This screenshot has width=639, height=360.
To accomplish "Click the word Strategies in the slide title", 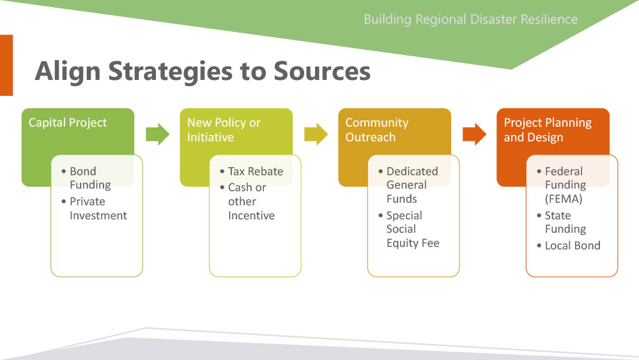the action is point(171,72).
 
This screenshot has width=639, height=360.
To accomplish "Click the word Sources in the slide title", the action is point(322,71).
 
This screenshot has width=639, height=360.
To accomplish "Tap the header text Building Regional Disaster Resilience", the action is point(471,19).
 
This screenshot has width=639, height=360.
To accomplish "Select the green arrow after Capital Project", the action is point(158,134).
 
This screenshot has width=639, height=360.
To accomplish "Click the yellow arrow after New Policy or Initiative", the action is point(316,134).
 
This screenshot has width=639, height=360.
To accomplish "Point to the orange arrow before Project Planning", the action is point(474,134).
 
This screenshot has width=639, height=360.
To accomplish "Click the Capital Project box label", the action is point(68,123).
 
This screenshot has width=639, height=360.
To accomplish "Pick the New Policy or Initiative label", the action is point(224,130).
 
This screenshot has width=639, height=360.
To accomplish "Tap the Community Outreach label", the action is point(377,130).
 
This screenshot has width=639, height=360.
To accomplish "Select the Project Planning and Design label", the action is point(548,130).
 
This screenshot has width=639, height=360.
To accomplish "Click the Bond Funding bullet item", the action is point(86,178).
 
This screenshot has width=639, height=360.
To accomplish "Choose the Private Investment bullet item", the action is point(94,208).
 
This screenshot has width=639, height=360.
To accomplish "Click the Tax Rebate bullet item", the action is point(251,171).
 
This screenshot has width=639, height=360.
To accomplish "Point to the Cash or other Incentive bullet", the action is point(247,201).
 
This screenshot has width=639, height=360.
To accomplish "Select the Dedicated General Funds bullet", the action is point(408,185).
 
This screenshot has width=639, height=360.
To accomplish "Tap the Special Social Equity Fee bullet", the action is point(409,229).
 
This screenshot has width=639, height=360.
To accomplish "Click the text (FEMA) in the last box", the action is point(564,199).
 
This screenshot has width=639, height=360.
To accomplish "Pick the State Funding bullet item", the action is point(562,222).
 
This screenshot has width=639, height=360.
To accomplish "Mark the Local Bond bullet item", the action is point(569,246).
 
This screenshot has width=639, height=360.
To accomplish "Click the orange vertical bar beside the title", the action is point(6,65).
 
